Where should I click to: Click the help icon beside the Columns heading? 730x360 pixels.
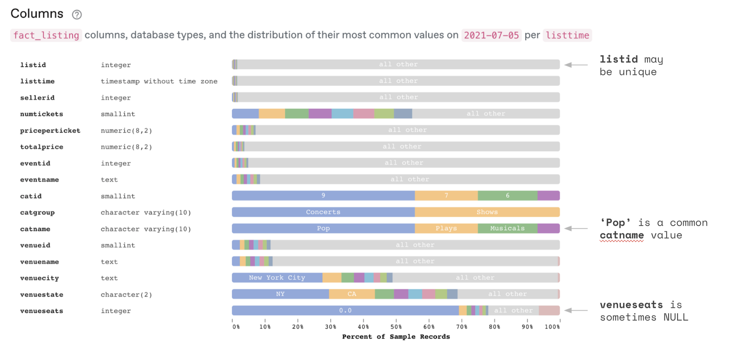pyautogui.click(x=77, y=15)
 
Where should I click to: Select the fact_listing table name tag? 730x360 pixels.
pyautogui.click(x=46, y=35)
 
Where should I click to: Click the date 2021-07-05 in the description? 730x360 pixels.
pyautogui.click(x=491, y=35)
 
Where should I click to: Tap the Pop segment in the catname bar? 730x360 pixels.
pyautogui.click(x=323, y=229)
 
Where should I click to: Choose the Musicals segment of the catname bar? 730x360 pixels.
pyautogui.click(x=507, y=229)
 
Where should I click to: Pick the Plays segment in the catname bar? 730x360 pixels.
pyautogui.click(x=446, y=229)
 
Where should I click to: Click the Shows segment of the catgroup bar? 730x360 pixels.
pyautogui.click(x=487, y=212)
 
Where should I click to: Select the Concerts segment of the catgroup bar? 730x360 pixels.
pyautogui.click(x=323, y=212)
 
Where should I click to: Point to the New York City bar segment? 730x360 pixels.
pyautogui.click(x=277, y=278)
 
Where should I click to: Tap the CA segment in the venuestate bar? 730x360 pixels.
pyautogui.click(x=351, y=294)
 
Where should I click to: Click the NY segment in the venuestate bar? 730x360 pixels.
pyautogui.click(x=280, y=294)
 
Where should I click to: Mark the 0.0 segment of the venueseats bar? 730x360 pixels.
pyautogui.click(x=345, y=311)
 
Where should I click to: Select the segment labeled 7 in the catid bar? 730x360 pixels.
pyautogui.click(x=446, y=196)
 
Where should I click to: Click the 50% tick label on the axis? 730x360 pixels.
pyautogui.click(x=396, y=327)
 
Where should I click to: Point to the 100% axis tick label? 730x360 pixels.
pyautogui.click(x=552, y=327)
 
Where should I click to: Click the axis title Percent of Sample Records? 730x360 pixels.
pyautogui.click(x=396, y=337)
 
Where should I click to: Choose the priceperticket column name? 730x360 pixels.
pyautogui.click(x=50, y=131)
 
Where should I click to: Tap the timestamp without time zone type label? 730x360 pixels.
pyautogui.click(x=159, y=81)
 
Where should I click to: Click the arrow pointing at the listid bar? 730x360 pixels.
pyautogui.click(x=576, y=65)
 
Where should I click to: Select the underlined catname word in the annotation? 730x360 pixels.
pyautogui.click(x=622, y=235)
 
